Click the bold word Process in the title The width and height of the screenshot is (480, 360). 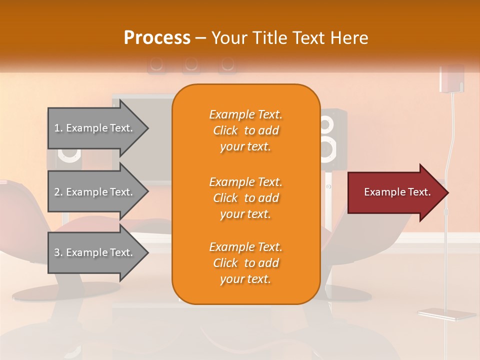(157, 38)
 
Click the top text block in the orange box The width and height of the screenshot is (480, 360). (245, 130)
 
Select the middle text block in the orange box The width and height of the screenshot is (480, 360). (245, 198)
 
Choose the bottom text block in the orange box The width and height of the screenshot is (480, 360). (245, 263)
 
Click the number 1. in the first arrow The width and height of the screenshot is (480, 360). (58, 128)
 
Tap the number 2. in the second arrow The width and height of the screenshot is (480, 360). (58, 192)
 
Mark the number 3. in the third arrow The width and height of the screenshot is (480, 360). (58, 252)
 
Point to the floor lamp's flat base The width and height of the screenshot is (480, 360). (446, 314)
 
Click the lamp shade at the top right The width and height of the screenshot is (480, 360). (451, 78)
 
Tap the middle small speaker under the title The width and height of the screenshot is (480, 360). (190, 64)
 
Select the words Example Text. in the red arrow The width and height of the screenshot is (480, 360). (397, 192)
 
